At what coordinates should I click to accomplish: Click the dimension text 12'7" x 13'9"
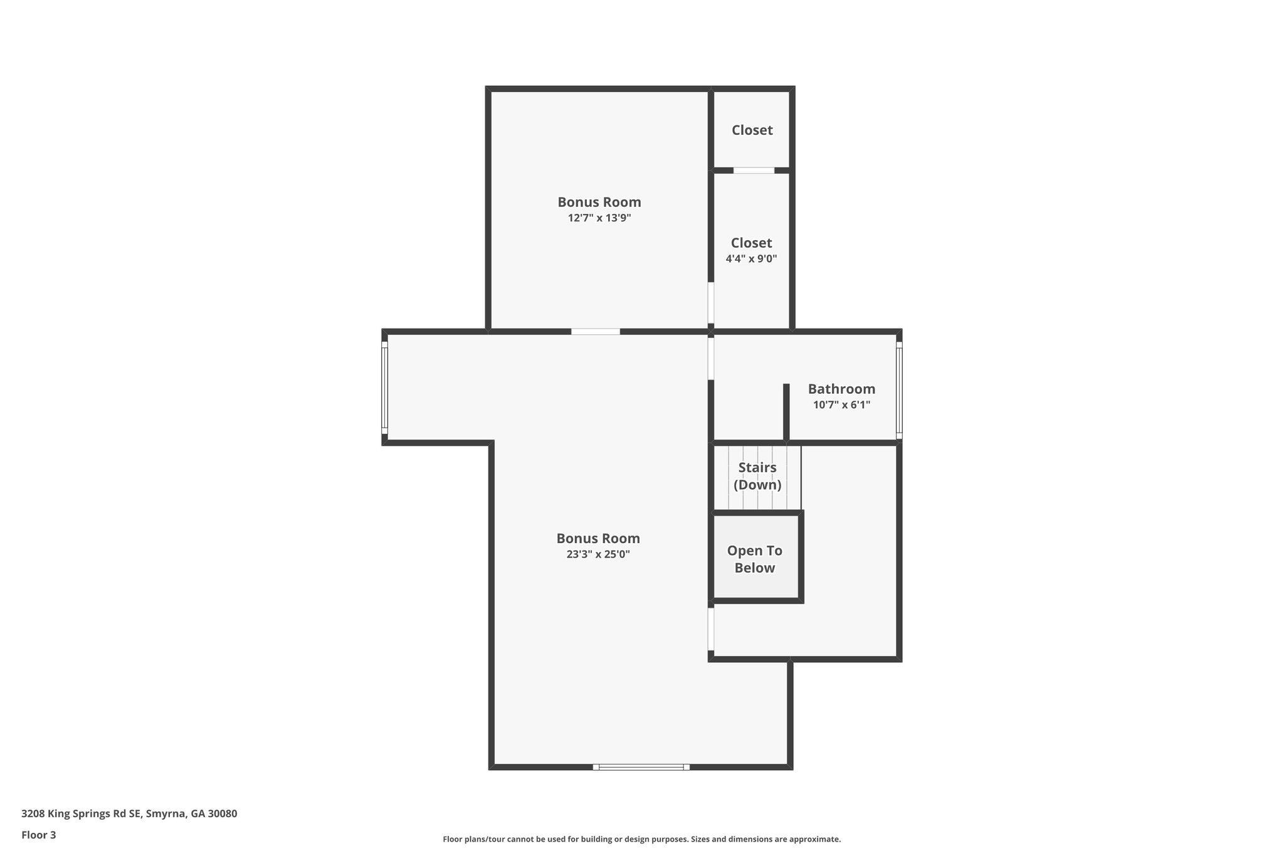[x=599, y=218]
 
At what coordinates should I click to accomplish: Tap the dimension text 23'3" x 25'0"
[x=597, y=554]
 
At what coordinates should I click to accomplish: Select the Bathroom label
[x=841, y=389]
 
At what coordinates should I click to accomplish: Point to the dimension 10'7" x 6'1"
[x=841, y=405]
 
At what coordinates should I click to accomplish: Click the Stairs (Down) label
[x=757, y=476]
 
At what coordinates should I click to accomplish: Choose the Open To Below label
[x=755, y=559]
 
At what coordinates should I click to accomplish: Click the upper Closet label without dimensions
[x=752, y=130]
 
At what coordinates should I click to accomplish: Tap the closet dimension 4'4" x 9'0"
[x=751, y=258]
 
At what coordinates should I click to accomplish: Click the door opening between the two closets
[x=754, y=171]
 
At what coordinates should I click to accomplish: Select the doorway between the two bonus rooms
[x=595, y=331]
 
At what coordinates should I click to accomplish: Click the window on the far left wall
[x=385, y=388]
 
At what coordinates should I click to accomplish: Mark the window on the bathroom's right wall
[x=898, y=390]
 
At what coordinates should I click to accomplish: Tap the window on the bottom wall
[x=641, y=766]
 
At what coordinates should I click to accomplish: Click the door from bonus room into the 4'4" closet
[x=711, y=302]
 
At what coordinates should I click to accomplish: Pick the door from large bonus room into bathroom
[x=711, y=358]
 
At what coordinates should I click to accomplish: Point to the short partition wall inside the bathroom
[x=786, y=411]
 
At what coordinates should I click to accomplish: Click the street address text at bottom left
[x=129, y=814]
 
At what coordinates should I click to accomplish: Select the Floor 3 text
[x=39, y=835]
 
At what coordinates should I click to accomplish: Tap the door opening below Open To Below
[x=711, y=629]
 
